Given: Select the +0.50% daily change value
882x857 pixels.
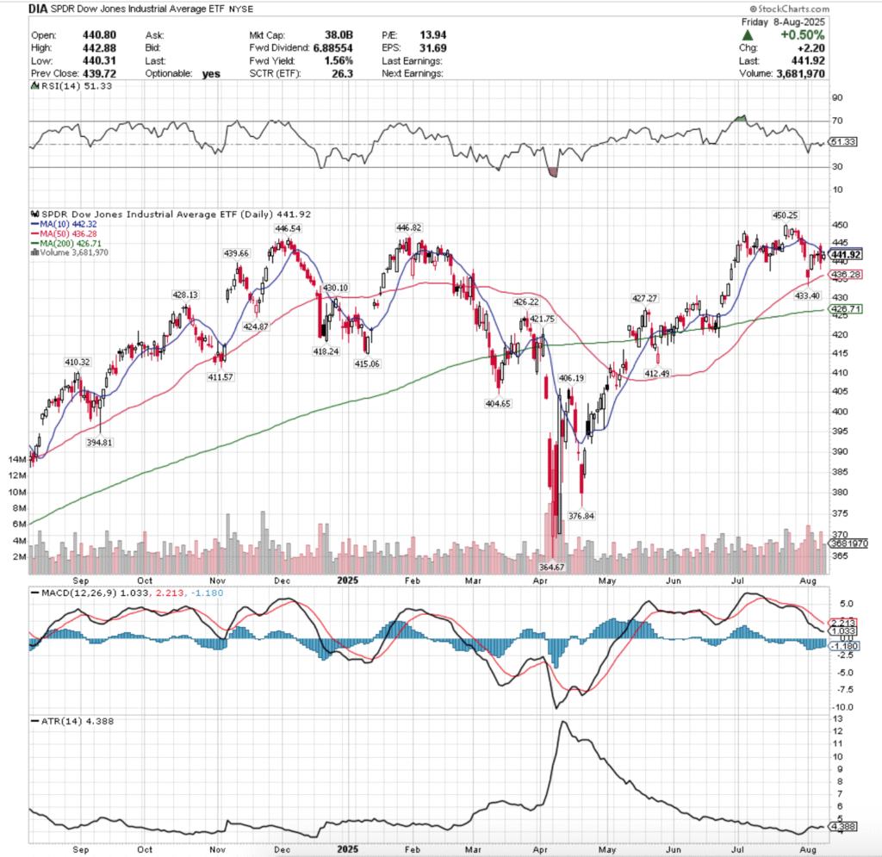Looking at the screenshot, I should (x=803, y=35).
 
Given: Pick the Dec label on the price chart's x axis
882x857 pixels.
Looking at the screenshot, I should (x=279, y=580).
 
